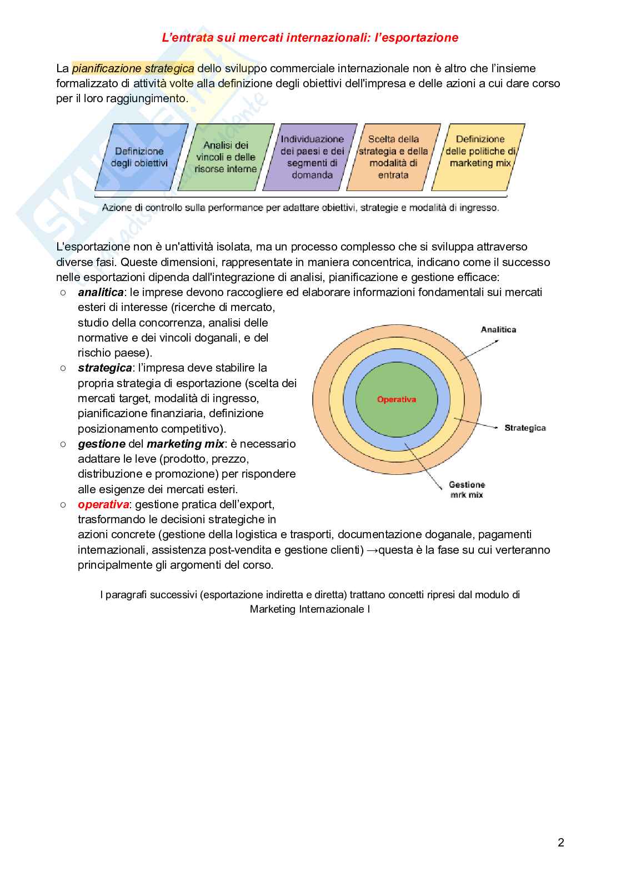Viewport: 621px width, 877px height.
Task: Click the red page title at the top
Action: tap(310, 38)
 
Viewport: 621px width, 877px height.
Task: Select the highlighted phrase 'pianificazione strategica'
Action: tap(133, 68)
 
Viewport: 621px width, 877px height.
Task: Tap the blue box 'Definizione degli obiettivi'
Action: tap(139, 157)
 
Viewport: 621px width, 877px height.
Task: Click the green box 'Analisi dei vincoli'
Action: tap(226, 157)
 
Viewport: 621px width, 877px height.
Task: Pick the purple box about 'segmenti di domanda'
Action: tap(312, 157)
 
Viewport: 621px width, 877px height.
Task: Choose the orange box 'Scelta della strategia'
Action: tap(393, 157)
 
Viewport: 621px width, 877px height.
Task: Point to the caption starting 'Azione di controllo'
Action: tap(301, 208)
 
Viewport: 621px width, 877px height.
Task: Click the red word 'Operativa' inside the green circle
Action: tap(396, 399)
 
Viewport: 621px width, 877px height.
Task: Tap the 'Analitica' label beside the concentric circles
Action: tap(498, 329)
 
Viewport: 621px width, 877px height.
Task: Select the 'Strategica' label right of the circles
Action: tap(525, 428)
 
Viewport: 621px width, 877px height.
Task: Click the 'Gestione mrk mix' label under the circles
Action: tap(467, 489)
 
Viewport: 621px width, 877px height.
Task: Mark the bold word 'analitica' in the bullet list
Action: tap(101, 292)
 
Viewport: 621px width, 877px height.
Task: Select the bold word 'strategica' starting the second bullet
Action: tap(104, 368)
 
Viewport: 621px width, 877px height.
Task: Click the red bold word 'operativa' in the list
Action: tap(103, 504)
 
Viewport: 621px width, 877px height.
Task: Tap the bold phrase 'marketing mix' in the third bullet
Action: tap(186, 444)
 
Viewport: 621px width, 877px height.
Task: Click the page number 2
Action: tap(560, 843)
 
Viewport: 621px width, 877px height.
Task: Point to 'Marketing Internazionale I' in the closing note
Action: tap(310, 609)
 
